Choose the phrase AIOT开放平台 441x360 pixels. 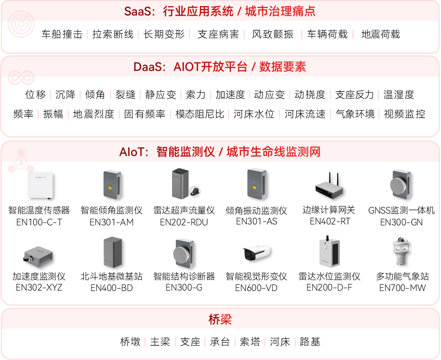pos(210,67)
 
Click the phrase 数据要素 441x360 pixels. pos(282,67)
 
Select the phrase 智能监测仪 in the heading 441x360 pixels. pos(185,152)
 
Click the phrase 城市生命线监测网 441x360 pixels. pos(274,152)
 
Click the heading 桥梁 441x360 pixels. pos(220,320)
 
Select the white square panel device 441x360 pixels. pos(40,185)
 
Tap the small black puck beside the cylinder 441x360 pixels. pos(194,191)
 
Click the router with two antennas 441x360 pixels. pos(329,185)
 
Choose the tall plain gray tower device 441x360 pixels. pos(112,252)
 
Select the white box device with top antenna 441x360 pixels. pos(329,251)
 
